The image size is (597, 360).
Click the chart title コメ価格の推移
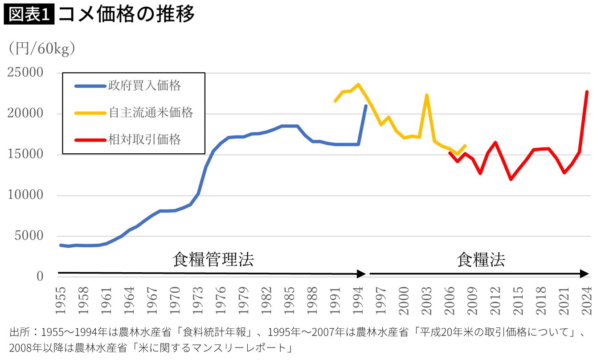[127, 15]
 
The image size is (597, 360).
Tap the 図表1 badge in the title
[29, 15]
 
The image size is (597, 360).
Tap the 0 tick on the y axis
[40, 276]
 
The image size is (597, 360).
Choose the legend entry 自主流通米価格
[151, 112]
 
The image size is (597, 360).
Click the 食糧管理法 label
[213, 260]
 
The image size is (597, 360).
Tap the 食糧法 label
[481, 260]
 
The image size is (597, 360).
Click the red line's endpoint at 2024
[587, 92]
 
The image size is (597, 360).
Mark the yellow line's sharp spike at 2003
[426, 95]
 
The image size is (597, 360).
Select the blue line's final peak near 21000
[365, 106]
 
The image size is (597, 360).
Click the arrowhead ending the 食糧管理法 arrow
[362, 274]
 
